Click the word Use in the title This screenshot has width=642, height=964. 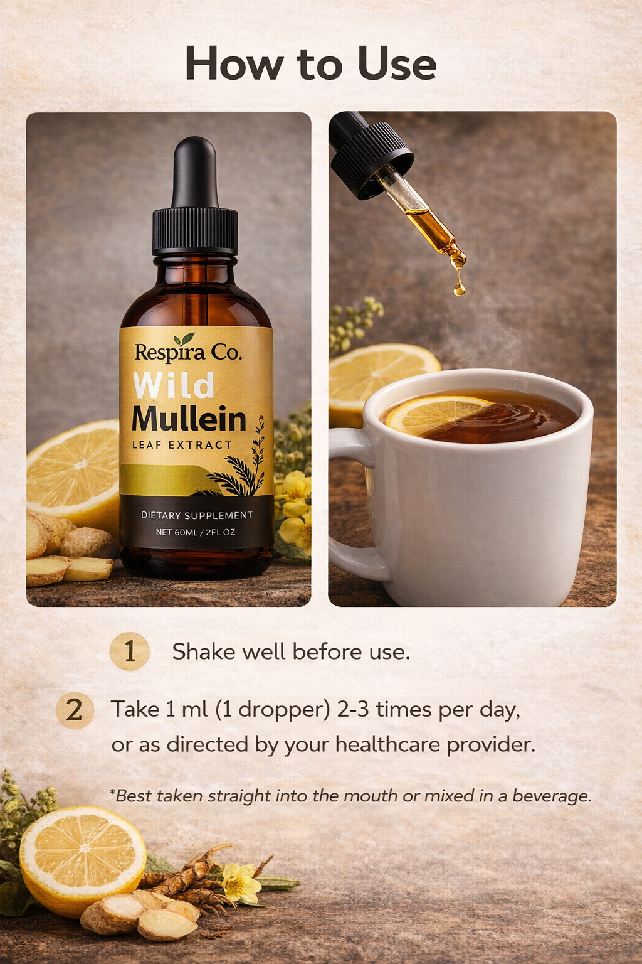(x=397, y=65)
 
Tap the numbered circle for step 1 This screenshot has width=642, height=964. (x=130, y=651)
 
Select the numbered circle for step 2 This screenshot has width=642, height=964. (x=75, y=710)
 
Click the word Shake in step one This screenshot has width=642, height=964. (x=204, y=651)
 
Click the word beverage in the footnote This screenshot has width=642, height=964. (x=551, y=796)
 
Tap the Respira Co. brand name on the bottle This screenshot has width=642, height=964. (x=187, y=352)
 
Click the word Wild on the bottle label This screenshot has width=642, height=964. (x=174, y=385)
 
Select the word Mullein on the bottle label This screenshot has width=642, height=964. (x=189, y=419)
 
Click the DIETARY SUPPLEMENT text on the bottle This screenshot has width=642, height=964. (x=196, y=515)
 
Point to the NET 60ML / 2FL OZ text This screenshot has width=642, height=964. (x=196, y=532)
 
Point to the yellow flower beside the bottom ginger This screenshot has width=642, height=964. (x=240, y=882)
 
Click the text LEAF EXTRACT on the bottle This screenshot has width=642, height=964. (x=182, y=445)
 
